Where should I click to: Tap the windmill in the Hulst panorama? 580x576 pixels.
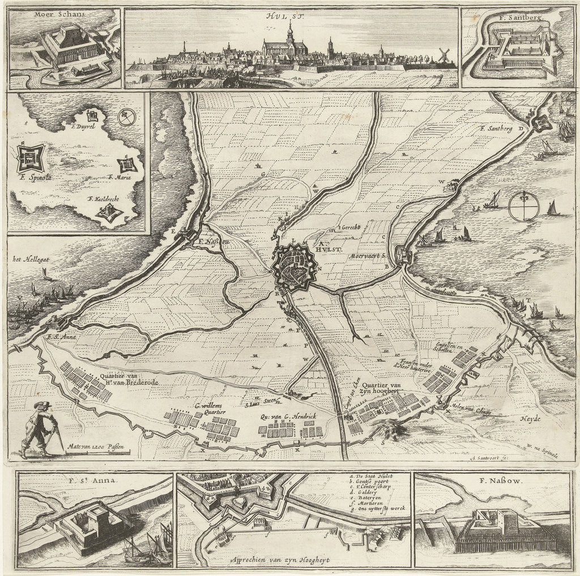point(443,55)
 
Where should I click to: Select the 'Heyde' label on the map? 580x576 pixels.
point(529,419)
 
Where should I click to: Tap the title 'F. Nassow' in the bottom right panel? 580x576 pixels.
point(493,483)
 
